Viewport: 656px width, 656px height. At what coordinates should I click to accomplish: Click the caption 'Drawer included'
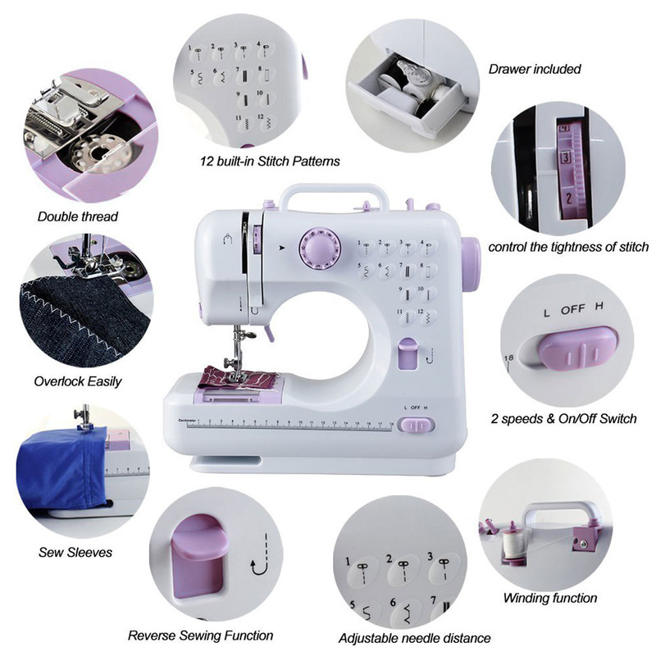[x=535, y=69]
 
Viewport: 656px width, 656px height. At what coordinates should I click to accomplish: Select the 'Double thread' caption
[x=78, y=216]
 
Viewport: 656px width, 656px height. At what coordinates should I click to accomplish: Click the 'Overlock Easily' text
[x=78, y=380]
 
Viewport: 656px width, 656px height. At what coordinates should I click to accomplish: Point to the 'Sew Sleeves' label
[x=75, y=552]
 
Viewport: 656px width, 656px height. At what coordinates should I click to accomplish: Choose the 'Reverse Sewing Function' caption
[x=201, y=635]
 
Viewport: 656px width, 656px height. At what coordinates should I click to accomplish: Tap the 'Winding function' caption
[x=550, y=598]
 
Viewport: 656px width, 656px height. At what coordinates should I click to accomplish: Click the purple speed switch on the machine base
[x=420, y=425]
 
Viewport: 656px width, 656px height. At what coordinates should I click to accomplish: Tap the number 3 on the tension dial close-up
[x=566, y=157]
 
